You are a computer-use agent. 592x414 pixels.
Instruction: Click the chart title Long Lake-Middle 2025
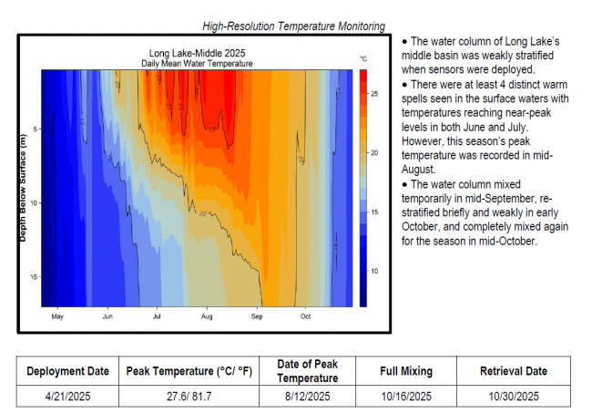tap(197, 54)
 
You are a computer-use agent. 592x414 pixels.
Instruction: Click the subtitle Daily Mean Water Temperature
tap(197, 63)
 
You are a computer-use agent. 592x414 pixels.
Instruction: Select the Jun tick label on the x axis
tap(107, 316)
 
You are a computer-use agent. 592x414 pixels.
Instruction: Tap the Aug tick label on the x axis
tap(207, 316)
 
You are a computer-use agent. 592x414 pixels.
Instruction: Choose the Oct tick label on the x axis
tap(305, 316)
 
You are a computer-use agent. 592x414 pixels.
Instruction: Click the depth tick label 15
tap(33, 277)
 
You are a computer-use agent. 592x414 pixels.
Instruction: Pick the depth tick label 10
tap(33, 202)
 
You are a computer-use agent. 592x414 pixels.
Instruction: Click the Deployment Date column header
tap(67, 371)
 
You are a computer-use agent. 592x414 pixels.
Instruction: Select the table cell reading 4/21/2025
tap(67, 396)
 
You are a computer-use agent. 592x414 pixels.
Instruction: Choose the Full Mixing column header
tap(406, 371)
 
